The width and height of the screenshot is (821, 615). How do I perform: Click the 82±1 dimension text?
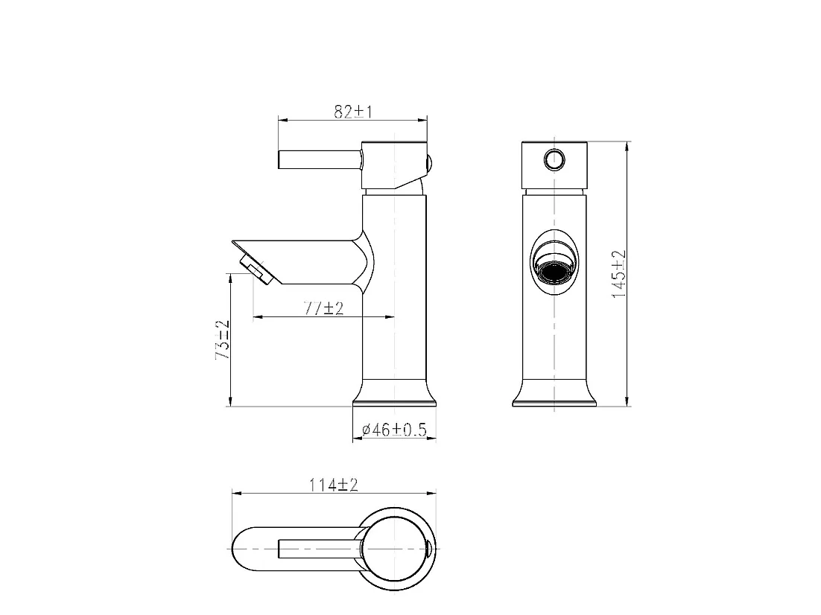pyautogui.click(x=352, y=112)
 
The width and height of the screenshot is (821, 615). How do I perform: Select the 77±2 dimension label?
pyautogui.click(x=323, y=308)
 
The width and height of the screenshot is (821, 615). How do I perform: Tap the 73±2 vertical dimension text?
pyautogui.click(x=222, y=340)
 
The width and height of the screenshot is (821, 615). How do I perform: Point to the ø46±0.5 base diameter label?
pyautogui.click(x=393, y=430)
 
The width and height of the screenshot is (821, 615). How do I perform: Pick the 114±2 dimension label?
pyautogui.click(x=334, y=485)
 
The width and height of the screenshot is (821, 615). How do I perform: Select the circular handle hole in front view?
pyautogui.click(x=554, y=159)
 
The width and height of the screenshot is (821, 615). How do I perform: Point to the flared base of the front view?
pyautogui.click(x=555, y=395)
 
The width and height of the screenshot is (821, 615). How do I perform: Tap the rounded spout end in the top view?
pyautogui.click(x=246, y=549)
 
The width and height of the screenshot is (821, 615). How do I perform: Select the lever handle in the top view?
pyautogui.click(x=320, y=549)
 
